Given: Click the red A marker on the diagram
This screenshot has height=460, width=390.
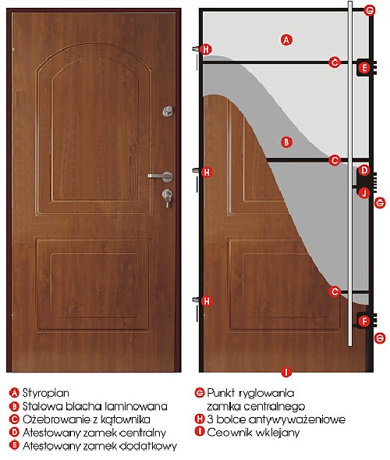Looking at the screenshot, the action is coord(286,40).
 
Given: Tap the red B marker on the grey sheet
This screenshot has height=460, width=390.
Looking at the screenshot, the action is coord(286,142).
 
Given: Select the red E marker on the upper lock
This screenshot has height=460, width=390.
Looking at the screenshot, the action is coord(364,68).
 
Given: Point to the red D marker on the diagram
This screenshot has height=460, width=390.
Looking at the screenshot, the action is coord(364,170).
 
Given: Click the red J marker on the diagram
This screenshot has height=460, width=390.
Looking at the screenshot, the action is coord(364,193).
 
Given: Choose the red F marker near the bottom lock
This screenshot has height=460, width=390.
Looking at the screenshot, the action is coord(364,321).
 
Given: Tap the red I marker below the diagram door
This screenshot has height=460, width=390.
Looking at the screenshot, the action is coord(286,373).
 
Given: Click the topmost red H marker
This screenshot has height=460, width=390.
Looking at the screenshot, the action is coord(206,49).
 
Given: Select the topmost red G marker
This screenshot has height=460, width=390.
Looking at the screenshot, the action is coord(370,11).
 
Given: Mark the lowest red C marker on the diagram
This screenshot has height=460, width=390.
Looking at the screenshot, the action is coord(335,291).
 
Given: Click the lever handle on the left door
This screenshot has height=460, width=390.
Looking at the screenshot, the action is coord(161,177).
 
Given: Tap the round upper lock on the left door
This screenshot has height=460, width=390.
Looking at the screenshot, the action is coord(168,111).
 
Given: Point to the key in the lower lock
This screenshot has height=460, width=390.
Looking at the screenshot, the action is coord(168,201).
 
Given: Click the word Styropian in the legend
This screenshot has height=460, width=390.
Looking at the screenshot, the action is coord(46,393).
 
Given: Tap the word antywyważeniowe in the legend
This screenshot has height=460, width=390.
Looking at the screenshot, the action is coord(297,419).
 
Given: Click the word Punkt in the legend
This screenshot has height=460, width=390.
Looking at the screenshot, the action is coord(221,393).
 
